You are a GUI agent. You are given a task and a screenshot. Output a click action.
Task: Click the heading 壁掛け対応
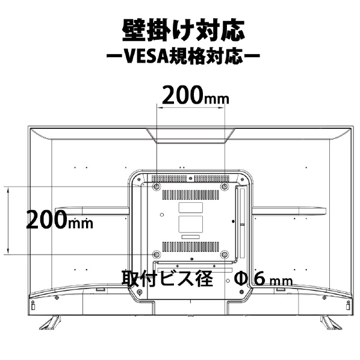click(183, 31)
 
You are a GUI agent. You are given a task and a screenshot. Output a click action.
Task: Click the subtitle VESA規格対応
click(184, 56)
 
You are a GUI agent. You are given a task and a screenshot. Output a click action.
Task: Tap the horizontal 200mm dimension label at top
click(196, 95)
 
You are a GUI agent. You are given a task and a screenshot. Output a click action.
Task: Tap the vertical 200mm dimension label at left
click(60, 220)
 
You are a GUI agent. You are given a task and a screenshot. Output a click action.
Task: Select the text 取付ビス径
click(167, 278)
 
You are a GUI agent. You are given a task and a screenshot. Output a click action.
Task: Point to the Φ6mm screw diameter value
click(263, 279)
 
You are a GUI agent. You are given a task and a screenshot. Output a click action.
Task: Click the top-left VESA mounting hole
click(157, 187)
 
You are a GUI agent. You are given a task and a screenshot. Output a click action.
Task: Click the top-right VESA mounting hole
click(225, 187)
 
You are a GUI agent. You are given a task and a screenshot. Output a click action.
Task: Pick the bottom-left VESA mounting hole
click(157, 255)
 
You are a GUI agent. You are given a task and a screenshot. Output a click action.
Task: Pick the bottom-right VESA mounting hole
click(225, 255)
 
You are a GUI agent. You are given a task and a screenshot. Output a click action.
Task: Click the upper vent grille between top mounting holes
click(191, 195)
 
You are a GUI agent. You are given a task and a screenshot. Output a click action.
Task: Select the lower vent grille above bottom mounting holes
click(191, 247)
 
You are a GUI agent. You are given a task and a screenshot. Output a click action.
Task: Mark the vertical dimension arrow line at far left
click(8, 220)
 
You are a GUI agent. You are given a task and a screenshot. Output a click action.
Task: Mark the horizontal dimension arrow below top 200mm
click(191, 107)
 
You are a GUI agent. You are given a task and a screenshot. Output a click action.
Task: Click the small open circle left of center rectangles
click(162, 215)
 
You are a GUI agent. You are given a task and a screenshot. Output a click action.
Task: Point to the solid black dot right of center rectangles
click(233, 222)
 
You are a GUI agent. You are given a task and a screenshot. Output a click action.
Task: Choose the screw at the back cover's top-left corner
click(138, 179)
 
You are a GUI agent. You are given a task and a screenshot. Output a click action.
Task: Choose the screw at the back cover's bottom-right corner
click(241, 292)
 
